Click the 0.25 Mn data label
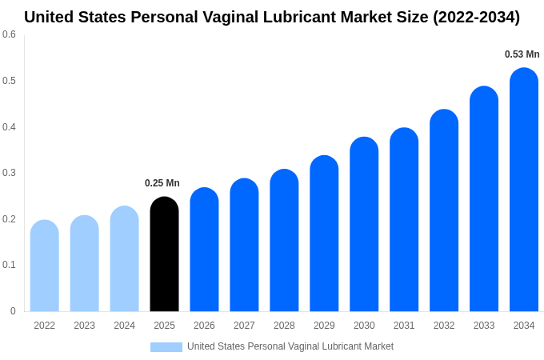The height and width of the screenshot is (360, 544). pos(162,183)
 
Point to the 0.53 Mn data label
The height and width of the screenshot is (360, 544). pos(522,54)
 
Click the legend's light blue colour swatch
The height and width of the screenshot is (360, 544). pos(166,346)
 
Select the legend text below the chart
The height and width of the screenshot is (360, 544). pos(290,346)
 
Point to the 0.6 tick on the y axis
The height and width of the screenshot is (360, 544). pos(9,34)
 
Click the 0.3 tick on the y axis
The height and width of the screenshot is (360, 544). pos(9,173)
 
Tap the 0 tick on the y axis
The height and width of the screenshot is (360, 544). pos(13,311)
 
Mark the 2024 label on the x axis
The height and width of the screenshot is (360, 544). pos(124,326)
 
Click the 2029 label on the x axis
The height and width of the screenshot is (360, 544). pos(324,326)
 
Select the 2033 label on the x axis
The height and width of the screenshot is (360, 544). pos(484,326)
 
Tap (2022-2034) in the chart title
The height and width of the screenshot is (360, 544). pos(476,17)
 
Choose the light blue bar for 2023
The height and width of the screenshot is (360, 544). pos(85,263)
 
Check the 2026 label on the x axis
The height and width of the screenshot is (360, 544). pos(204,326)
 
